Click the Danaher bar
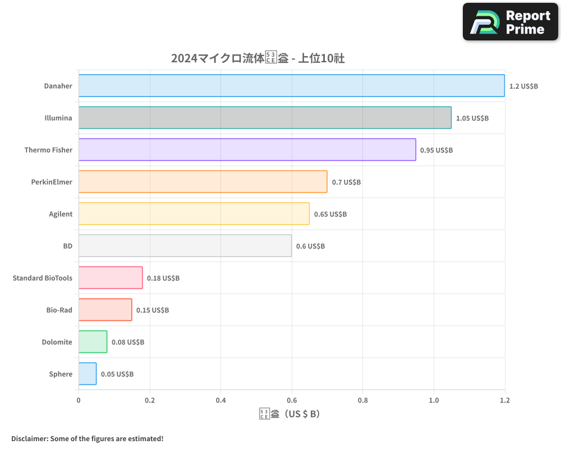tap(292, 86)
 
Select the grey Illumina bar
tap(265, 118)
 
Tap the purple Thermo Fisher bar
tap(247, 150)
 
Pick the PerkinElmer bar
tap(203, 182)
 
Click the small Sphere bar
tap(88, 374)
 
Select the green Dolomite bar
tap(93, 342)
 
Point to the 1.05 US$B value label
tap(472, 118)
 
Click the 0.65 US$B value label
tap(330, 214)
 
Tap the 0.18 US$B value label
tap(163, 278)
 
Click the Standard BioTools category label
tap(43, 278)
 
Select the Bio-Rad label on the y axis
tap(59, 310)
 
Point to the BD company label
tap(67, 246)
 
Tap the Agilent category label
tap(61, 214)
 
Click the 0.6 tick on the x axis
tap(292, 401)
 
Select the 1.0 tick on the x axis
tap(434, 401)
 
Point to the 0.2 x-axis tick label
tap(149, 401)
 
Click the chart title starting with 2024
tap(261, 58)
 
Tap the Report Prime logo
tap(511, 22)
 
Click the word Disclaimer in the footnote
tap(29, 438)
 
